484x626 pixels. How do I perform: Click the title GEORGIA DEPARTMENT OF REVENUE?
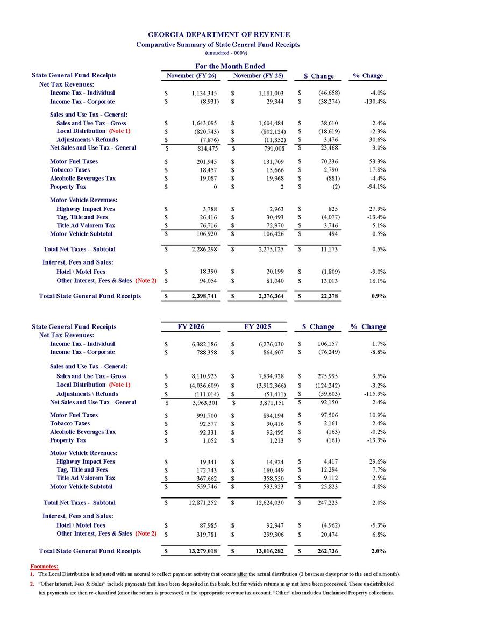coord(218,35)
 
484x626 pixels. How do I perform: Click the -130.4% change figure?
coord(374,101)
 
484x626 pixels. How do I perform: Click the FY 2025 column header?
coord(258,326)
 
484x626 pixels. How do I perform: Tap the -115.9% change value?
coord(374,394)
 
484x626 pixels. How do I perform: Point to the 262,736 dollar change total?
coord(328,551)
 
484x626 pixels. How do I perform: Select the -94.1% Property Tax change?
coord(375,187)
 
